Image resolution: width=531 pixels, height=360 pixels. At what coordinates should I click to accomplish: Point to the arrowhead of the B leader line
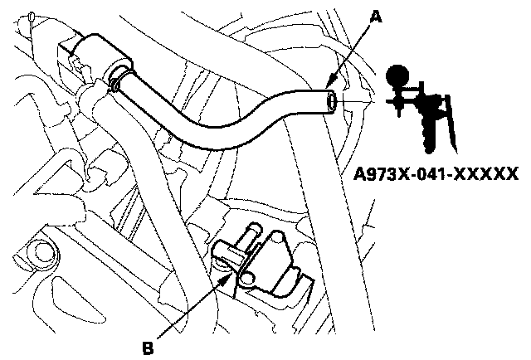tap(226, 274)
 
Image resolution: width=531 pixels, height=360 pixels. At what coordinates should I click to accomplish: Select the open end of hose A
tap(332, 102)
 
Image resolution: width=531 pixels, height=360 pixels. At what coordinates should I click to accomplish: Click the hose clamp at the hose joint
tap(116, 82)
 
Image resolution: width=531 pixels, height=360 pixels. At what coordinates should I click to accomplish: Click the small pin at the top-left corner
tap(32, 16)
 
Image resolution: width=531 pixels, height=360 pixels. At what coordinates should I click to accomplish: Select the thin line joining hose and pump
tap(365, 101)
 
